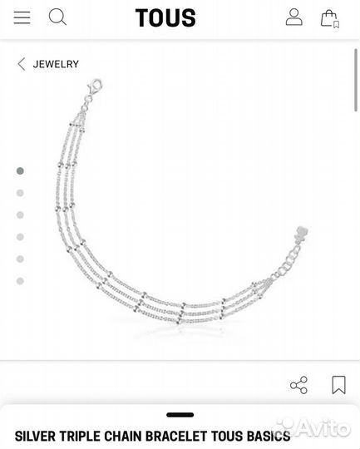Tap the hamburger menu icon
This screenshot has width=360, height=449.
(22, 17)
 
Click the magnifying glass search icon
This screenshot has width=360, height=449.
(57, 17)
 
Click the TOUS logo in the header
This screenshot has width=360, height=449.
(165, 17)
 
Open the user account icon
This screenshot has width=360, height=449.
(293, 17)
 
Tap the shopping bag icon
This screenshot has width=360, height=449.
(329, 18)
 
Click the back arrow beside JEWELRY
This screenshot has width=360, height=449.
(21, 64)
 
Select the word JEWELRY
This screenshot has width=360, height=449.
(56, 64)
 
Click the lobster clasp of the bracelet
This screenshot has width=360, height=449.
(95, 86)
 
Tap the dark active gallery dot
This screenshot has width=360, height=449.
(20, 171)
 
